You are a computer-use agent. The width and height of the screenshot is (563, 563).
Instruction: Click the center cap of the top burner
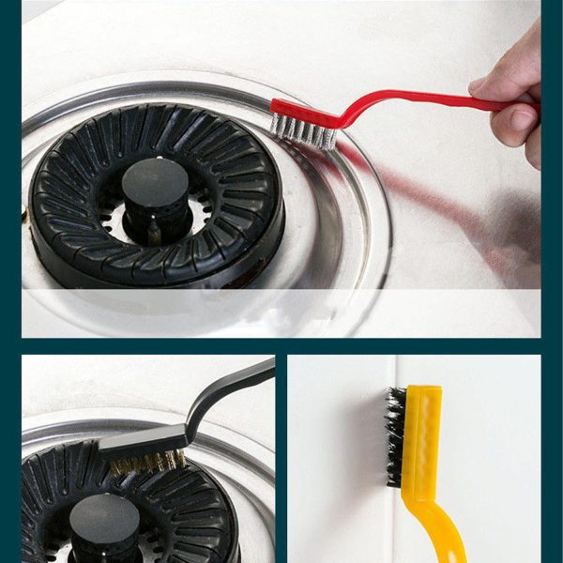coord(157,180)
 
